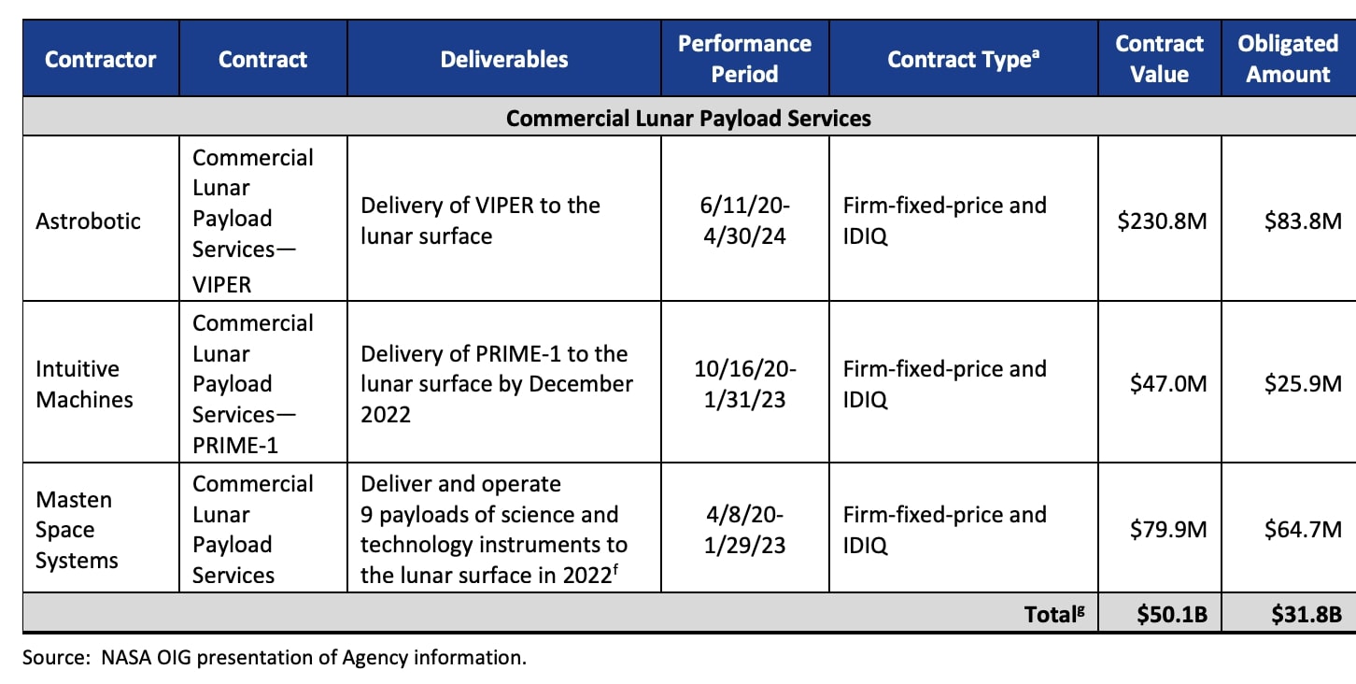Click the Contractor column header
(101, 59)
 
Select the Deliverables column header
(503, 59)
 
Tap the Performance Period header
(744, 59)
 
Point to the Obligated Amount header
(1288, 59)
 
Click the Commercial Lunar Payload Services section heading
(688, 119)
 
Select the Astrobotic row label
(88, 221)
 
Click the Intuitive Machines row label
(84, 384)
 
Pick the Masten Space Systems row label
(77, 530)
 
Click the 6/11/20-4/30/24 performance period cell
(744, 221)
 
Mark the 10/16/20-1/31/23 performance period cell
(744, 384)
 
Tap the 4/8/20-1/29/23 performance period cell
(744, 530)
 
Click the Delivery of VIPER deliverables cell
(480, 221)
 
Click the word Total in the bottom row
(1047, 614)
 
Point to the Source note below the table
(275, 658)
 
